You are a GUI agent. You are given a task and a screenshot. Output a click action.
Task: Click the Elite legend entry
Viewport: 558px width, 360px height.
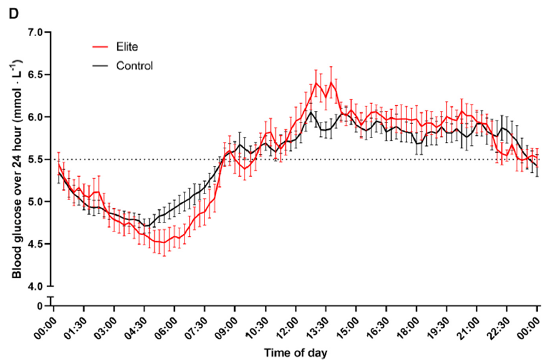coord(126,46)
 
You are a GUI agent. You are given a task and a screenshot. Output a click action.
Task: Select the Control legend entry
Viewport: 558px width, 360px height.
coord(134,65)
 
